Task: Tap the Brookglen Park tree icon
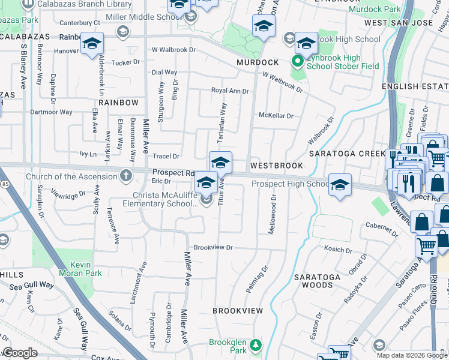point(256,345)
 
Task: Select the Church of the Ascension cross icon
point(125,176)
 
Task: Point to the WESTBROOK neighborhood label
point(277,165)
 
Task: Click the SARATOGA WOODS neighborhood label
point(317,281)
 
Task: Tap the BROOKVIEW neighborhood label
point(238,311)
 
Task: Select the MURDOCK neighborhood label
point(258,62)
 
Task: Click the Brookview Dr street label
point(212,247)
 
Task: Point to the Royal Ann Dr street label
point(229,91)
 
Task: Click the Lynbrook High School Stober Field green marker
point(296,61)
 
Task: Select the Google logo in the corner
point(20,353)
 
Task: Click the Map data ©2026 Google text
point(412,355)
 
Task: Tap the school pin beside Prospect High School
point(340,185)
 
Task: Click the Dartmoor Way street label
point(51,112)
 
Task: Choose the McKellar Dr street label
point(276,116)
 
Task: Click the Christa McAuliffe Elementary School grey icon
point(207,200)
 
